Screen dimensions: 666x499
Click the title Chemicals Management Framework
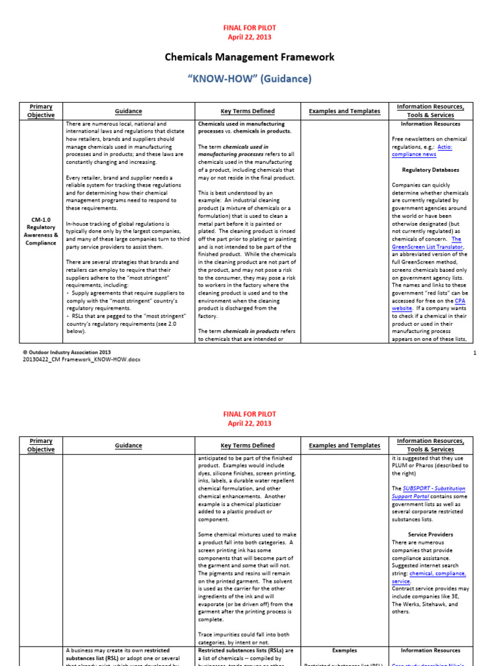[249, 57]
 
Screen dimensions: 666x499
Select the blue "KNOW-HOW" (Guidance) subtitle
[249, 79]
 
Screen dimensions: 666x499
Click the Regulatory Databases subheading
[430, 170]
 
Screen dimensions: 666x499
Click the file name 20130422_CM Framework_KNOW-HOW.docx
[81, 359]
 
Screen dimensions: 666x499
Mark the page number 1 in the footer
[475, 353]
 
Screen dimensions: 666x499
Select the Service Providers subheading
[430, 535]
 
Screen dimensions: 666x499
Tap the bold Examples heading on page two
[344, 650]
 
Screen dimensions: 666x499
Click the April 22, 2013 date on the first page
[249, 37]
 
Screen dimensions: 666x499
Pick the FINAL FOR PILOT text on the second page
[249, 414]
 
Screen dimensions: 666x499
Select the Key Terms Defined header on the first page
[248, 111]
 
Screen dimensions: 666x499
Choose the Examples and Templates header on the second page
[344, 446]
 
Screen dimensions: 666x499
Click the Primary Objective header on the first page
[41, 111]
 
